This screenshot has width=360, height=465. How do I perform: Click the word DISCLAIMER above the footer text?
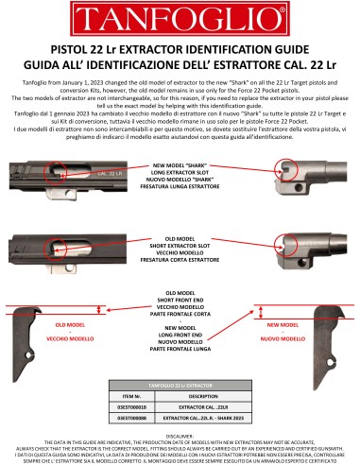(x=180, y=436)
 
